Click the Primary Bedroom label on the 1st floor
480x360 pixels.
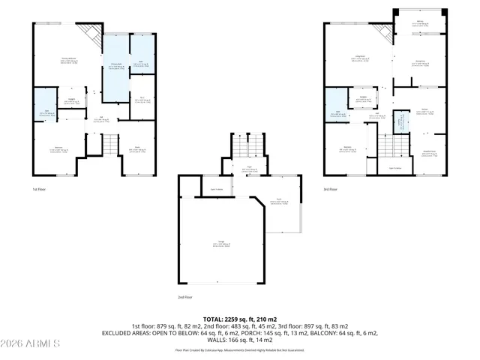click(69, 61)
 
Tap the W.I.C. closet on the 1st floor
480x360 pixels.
click(142, 99)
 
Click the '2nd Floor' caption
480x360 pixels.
click(185, 298)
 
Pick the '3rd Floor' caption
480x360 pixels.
click(330, 189)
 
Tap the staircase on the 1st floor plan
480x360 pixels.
click(111, 142)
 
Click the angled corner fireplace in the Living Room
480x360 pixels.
click(92, 33)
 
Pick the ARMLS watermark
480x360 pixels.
click(31, 343)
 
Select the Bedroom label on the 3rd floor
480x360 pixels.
click(347, 148)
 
